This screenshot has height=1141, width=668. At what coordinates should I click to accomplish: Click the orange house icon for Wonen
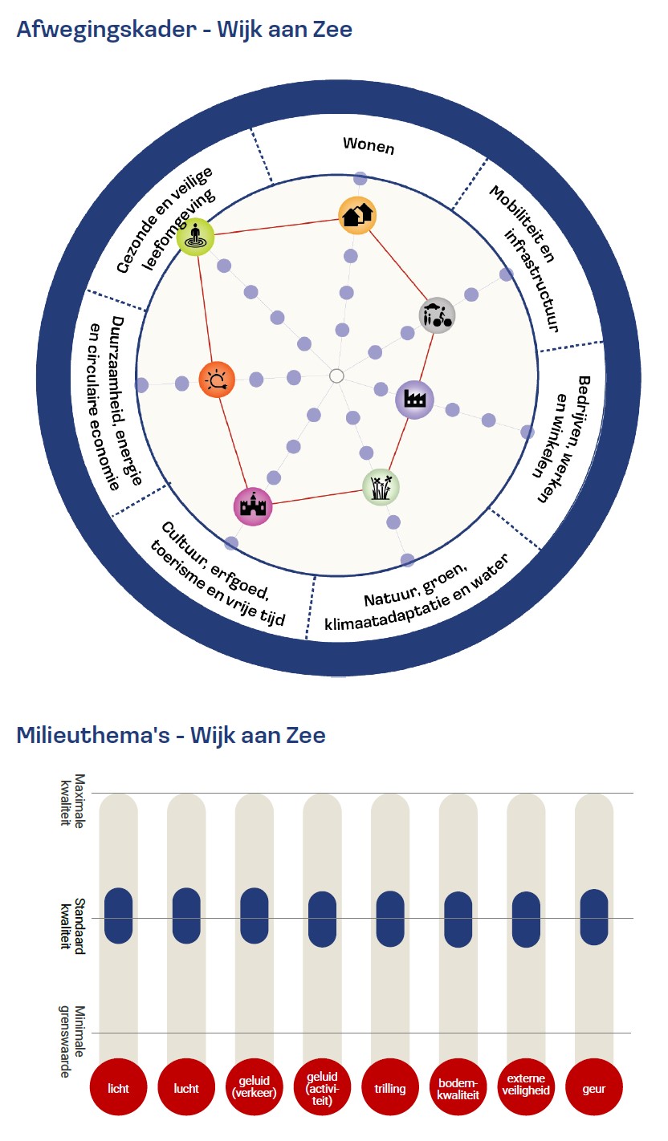[x=357, y=214]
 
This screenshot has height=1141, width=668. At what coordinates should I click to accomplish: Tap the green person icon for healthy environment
[x=195, y=238]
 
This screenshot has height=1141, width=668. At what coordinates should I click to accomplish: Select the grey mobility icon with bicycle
[x=437, y=315]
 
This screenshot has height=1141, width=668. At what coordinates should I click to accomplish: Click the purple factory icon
[x=414, y=399]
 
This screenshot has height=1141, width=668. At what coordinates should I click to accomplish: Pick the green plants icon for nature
[x=381, y=486]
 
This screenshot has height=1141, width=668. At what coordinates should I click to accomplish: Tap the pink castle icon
[x=253, y=506]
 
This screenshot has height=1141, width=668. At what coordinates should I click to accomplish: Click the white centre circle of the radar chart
[x=336, y=376]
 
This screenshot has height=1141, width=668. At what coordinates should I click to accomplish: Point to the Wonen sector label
[x=369, y=144]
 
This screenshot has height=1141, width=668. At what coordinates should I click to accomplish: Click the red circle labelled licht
[x=118, y=1088]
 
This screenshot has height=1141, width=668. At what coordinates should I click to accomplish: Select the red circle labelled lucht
[x=186, y=1088]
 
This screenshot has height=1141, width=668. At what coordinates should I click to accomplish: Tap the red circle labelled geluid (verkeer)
[x=254, y=1088]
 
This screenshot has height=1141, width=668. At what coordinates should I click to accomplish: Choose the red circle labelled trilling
[x=389, y=1088]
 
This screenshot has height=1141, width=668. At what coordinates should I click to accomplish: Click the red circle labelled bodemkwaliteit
[x=458, y=1088]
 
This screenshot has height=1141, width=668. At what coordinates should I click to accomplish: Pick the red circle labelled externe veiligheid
[x=526, y=1088]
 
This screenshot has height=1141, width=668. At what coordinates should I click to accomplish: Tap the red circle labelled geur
[x=594, y=1088]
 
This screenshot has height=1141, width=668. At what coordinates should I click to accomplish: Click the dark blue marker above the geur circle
[x=594, y=917]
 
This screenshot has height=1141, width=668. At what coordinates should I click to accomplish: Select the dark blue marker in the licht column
[x=118, y=916]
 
